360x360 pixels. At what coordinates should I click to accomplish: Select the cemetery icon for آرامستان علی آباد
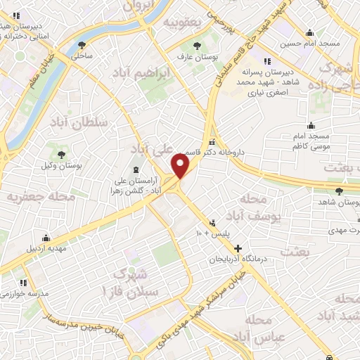click(135, 169)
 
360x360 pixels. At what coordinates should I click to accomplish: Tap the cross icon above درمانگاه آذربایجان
click(238, 248)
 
